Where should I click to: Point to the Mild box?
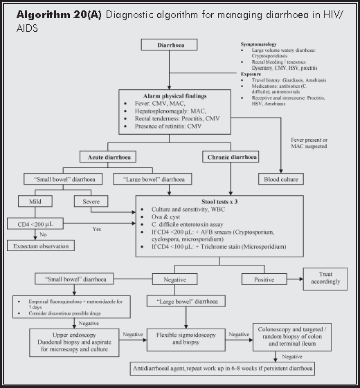[x=37, y=201]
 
